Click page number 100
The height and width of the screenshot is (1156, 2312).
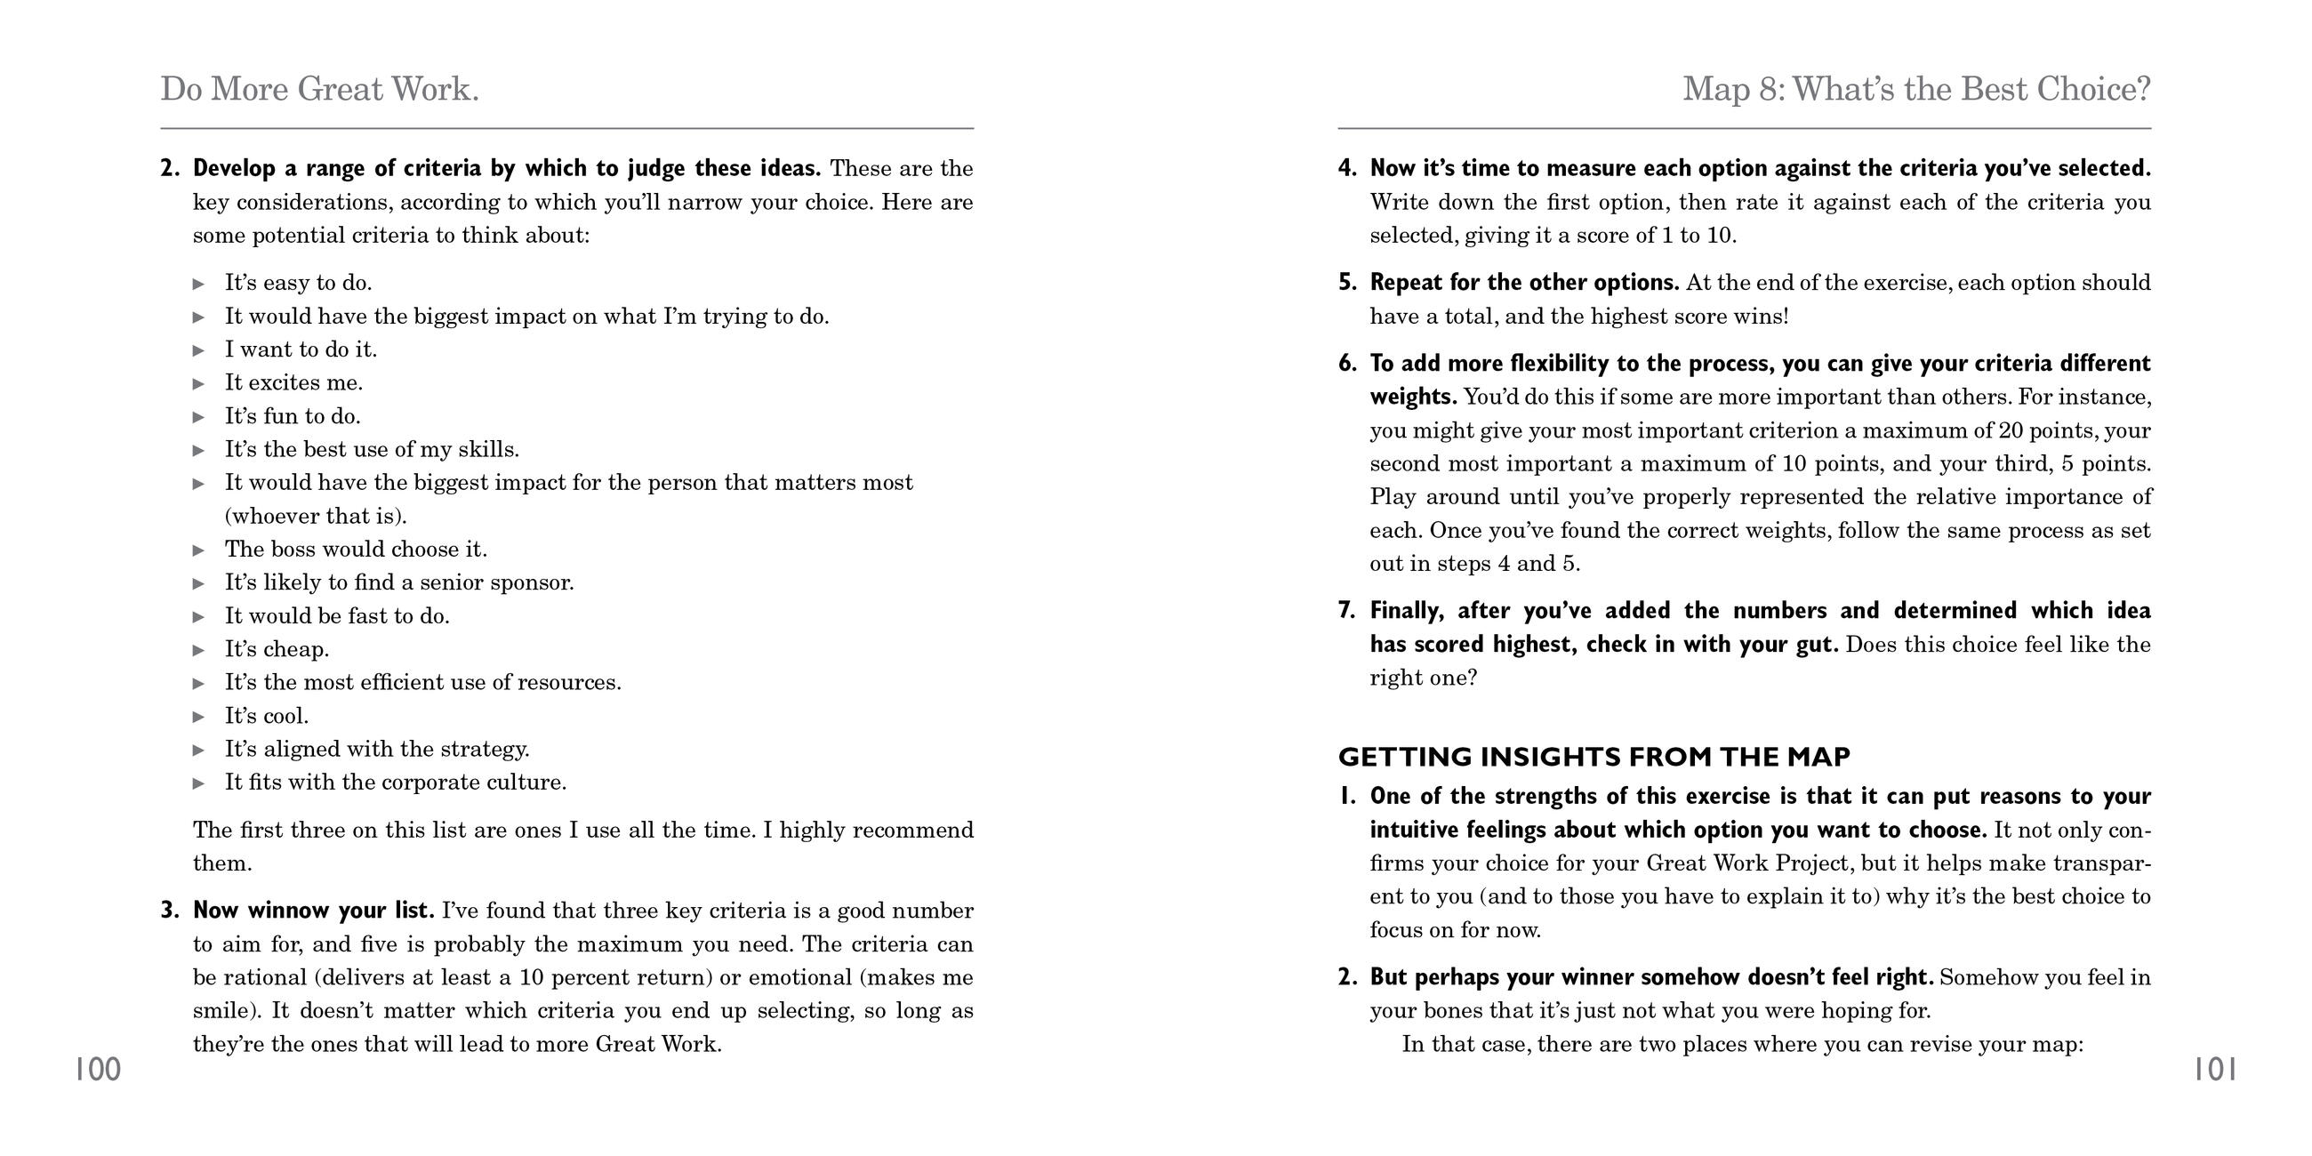point(97,1070)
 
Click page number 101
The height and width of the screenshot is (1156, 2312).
point(2215,1070)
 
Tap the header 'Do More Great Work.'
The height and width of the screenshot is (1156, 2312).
point(319,89)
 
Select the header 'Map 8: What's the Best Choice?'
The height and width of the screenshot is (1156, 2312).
point(1916,89)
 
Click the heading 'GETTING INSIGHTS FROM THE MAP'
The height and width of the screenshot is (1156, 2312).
point(1594,757)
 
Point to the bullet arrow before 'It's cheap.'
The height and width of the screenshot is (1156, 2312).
point(199,650)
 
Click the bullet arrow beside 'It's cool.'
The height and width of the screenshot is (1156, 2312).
point(199,716)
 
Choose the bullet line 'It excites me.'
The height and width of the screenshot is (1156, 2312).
point(293,383)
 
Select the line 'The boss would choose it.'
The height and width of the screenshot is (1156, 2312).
point(356,550)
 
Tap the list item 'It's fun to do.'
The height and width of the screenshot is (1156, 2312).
point(293,416)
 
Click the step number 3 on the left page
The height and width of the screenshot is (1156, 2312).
point(170,911)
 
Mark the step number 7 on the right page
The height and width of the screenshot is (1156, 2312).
point(1346,611)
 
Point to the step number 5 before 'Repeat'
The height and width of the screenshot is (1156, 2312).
point(1346,283)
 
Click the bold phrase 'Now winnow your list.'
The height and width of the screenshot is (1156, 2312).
point(313,911)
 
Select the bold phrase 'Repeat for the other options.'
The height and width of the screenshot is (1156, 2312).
point(1524,283)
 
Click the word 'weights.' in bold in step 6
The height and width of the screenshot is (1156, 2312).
point(1413,397)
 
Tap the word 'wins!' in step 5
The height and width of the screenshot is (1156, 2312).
point(1761,317)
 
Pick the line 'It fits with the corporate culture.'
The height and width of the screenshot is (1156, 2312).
point(395,783)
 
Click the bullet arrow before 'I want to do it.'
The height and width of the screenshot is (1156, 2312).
point(199,350)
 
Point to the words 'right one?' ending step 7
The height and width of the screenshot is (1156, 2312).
point(1423,678)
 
